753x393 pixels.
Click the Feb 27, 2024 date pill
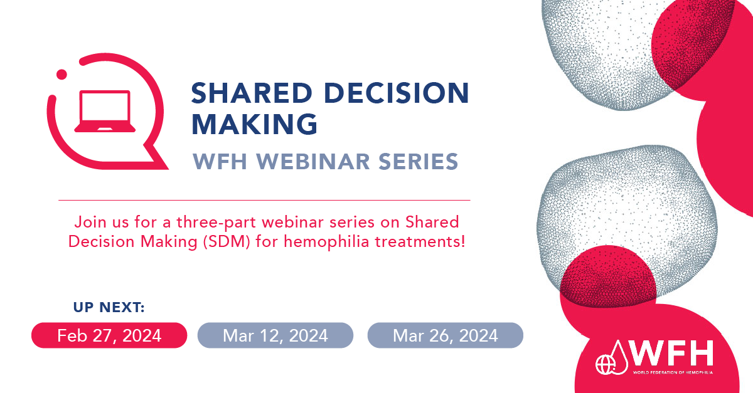[109, 335]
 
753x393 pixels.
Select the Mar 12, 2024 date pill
[275, 335]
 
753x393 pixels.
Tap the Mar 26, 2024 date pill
[446, 335]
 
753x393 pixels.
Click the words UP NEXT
[109, 307]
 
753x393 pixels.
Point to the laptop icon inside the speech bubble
[105, 111]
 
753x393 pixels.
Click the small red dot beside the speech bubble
[61, 75]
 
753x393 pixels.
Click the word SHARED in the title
[252, 93]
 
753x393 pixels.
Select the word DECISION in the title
[397, 93]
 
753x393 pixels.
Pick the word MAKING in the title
[255, 124]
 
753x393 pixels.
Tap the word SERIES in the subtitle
[419, 162]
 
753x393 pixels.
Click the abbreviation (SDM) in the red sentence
[227, 242]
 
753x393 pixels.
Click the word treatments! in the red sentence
[420, 242]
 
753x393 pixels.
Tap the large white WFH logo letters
[671, 353]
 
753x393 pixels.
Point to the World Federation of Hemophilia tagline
[673, 372]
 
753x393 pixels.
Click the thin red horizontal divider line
[264, 200]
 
